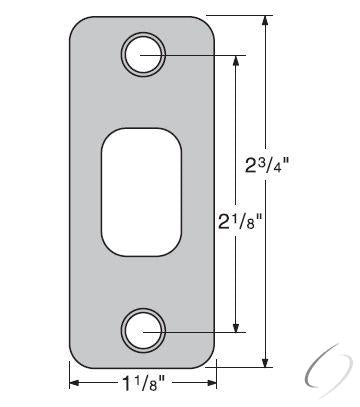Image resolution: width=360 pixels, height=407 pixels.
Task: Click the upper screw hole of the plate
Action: pos(142,52)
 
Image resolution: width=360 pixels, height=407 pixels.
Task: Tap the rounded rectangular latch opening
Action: pos(142,189)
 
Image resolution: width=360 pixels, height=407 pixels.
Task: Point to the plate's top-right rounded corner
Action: pos(207,22)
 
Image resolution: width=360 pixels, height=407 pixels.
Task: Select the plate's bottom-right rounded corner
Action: pos(207,360)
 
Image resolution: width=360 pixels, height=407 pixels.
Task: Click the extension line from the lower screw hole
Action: pos(200,328)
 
